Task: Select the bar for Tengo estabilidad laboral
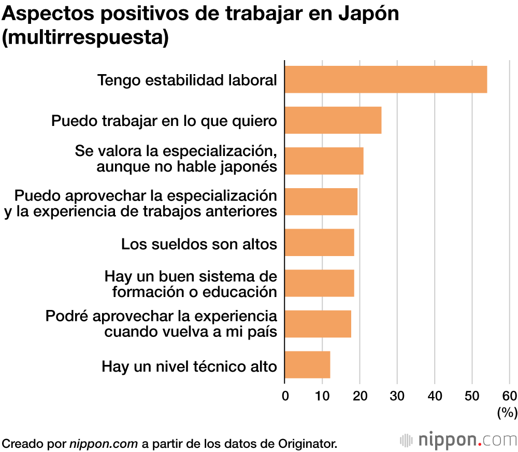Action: (x=386, y=80)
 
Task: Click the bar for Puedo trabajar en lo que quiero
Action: (x=333, y=120)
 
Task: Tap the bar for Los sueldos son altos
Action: (x=320, y=243)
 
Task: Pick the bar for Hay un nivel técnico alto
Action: (x=307, y=364)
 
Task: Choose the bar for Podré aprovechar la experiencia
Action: (x=318, y=324)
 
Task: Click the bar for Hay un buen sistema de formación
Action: (x=320, y=283)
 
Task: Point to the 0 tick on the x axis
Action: (x=285, y=397)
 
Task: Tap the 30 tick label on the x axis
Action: (x=397, y=397)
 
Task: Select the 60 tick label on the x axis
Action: (x=510, y=397)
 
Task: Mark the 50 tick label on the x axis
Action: (x=472, y=397)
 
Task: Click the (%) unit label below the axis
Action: (x=507, y=413)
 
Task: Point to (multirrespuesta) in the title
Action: (x=85, y=38)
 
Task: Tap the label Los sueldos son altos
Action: (x=199, y=244)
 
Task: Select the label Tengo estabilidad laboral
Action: (x=188, y=81)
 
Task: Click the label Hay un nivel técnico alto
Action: (x=190, y=366)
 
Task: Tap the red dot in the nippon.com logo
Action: (x=480, y=444)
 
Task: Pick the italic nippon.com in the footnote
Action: (x=104, y=443)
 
